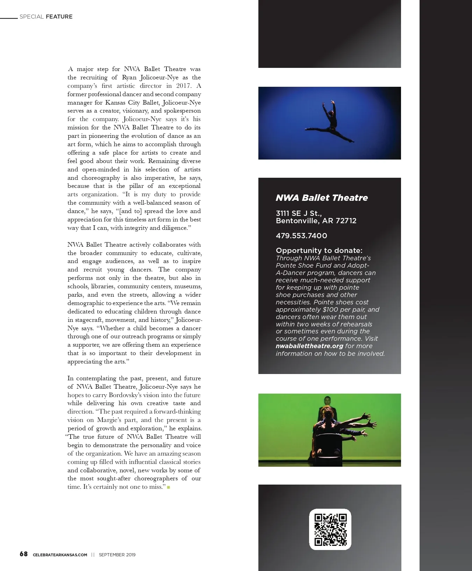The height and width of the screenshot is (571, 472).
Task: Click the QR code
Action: click(x=330, y=529)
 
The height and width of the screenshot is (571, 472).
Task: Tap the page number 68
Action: click(x=23, y=554)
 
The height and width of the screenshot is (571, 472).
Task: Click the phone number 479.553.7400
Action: click(x=301, y=236)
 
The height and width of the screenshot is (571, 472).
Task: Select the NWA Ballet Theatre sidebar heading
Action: click(x=322, y=198)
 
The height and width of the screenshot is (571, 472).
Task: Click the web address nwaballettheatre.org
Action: click(x=309, y=346)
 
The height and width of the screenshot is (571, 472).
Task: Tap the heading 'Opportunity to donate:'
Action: click(x=319, y=251)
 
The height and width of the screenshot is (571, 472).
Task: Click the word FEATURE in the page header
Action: click(x=59, y=16)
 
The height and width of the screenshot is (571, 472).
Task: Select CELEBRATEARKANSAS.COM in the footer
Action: click(x=60, y=555)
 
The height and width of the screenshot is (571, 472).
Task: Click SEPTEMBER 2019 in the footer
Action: click(x=117, y=555)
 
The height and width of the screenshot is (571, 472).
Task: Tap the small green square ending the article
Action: click(x=169, y=487)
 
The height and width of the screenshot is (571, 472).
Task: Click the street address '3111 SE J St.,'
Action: click(x=299, y=213)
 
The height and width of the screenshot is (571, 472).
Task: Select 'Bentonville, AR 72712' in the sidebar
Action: click(x=316, y=221)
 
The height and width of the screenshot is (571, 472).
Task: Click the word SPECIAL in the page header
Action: click(x=31, y=16)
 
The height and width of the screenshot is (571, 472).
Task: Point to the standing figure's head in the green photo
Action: click(x=327, y=400)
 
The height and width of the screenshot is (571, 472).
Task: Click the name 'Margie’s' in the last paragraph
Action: click(x=110, y=420)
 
